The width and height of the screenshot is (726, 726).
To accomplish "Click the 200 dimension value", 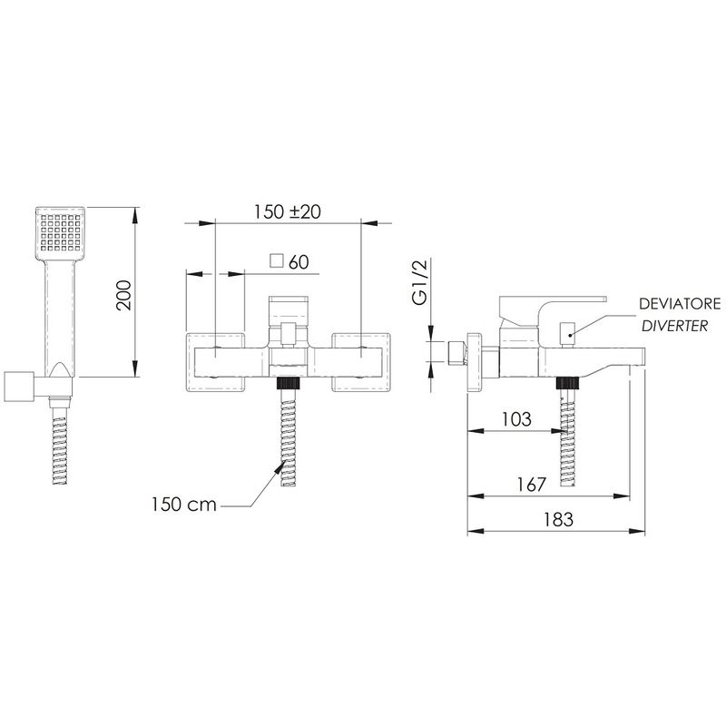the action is pos(124,295).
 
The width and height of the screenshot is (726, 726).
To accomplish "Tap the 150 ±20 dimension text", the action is pos(288,211).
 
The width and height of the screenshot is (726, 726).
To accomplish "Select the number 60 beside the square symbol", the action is pos(299,262).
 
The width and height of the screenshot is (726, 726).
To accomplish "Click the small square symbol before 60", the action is pos(277,261).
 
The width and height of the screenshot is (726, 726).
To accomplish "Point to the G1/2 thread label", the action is pos(420,281).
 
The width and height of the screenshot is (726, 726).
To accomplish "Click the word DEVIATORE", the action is pos(680,304).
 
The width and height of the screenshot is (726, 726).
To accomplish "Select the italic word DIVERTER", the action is pos(674,326).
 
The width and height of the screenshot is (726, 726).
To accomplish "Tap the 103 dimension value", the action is pos(516,419).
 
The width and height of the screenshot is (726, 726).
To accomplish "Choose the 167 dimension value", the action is pos(532,485).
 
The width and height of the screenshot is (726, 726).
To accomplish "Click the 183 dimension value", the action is pos(558,519).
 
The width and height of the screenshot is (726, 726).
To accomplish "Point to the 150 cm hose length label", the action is pos(184,505).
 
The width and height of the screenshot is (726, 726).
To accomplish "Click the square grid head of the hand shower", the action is pos(60,233).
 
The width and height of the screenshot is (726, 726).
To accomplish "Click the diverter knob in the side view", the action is pos(566,333).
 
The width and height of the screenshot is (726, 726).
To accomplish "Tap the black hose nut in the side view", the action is pos(568,383).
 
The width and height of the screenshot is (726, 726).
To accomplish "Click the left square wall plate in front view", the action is pos(215,362).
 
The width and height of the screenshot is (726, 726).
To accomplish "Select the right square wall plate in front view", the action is pos(361,362).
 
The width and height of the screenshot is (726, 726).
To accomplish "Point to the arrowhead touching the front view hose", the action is pos(280,469).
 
